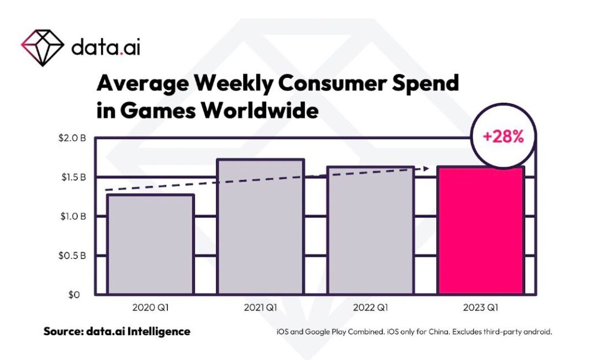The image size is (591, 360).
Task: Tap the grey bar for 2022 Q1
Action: pos(371,230)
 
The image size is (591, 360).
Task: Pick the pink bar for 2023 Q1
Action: pos(481,230)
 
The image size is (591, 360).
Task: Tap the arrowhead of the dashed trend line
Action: pos(426,168)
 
